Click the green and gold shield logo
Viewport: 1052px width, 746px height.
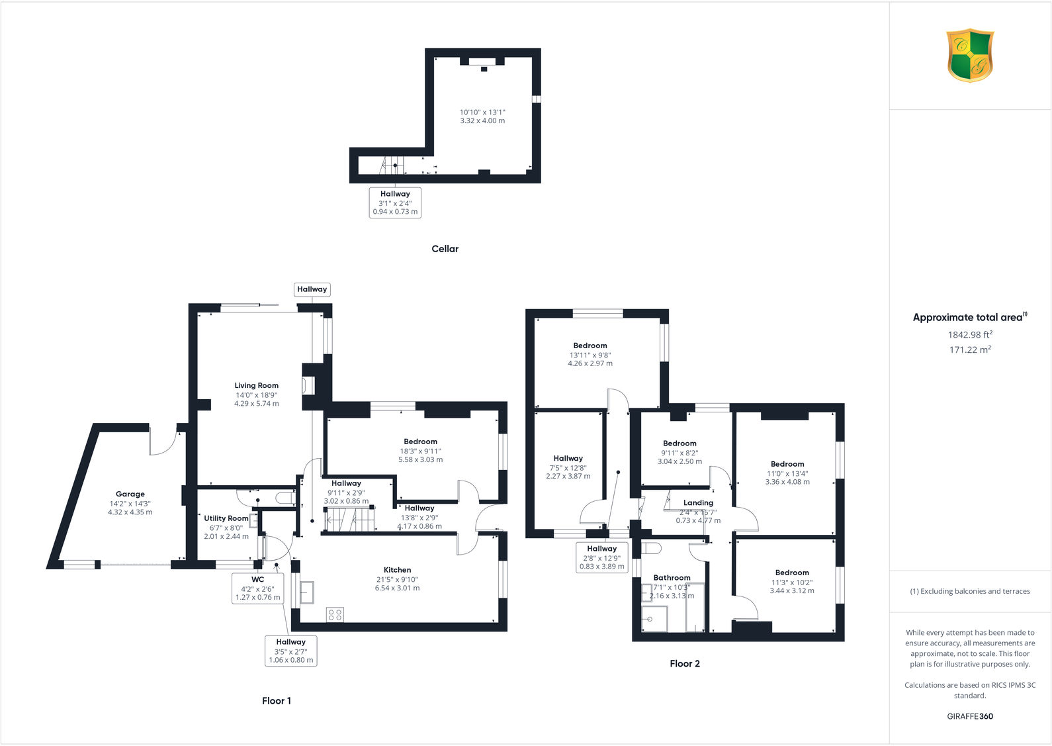click(x=970, y=55)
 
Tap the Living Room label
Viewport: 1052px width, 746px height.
click(x=257, y=385)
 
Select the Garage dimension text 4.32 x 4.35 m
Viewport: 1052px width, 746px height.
click(x=130, y=512)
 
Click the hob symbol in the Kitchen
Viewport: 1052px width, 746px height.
click(x=335, y=615)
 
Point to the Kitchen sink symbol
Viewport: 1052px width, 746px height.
click(x=307, y=592)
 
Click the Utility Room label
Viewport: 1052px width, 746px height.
click(x=226, y=518)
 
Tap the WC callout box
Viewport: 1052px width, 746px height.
click(x=258, y=588)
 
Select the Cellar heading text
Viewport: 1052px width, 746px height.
click(x=445, y=249)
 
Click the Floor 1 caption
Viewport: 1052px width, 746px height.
click(x=276, y=701)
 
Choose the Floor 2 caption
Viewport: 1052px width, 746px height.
click(x=684, y=664)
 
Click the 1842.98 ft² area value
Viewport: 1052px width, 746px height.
click(x=970, y=335)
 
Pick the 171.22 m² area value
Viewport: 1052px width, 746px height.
click(x=970, y=350)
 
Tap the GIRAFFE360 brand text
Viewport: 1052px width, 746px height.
click(x=970, y=716)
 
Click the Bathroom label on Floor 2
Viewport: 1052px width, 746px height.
click(x=672, y=578)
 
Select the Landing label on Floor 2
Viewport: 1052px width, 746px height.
click(x=698, y=503)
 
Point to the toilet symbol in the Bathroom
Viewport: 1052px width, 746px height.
click(x=651, y=549)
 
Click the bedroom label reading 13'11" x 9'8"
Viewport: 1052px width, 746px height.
click(x=590, y=354)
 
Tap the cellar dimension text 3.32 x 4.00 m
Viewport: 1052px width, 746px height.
click(x=482, y=121)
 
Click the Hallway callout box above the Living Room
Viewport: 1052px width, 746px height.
click(x=312, y=289)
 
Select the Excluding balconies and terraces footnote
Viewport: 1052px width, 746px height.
click(x=970, y=591)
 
